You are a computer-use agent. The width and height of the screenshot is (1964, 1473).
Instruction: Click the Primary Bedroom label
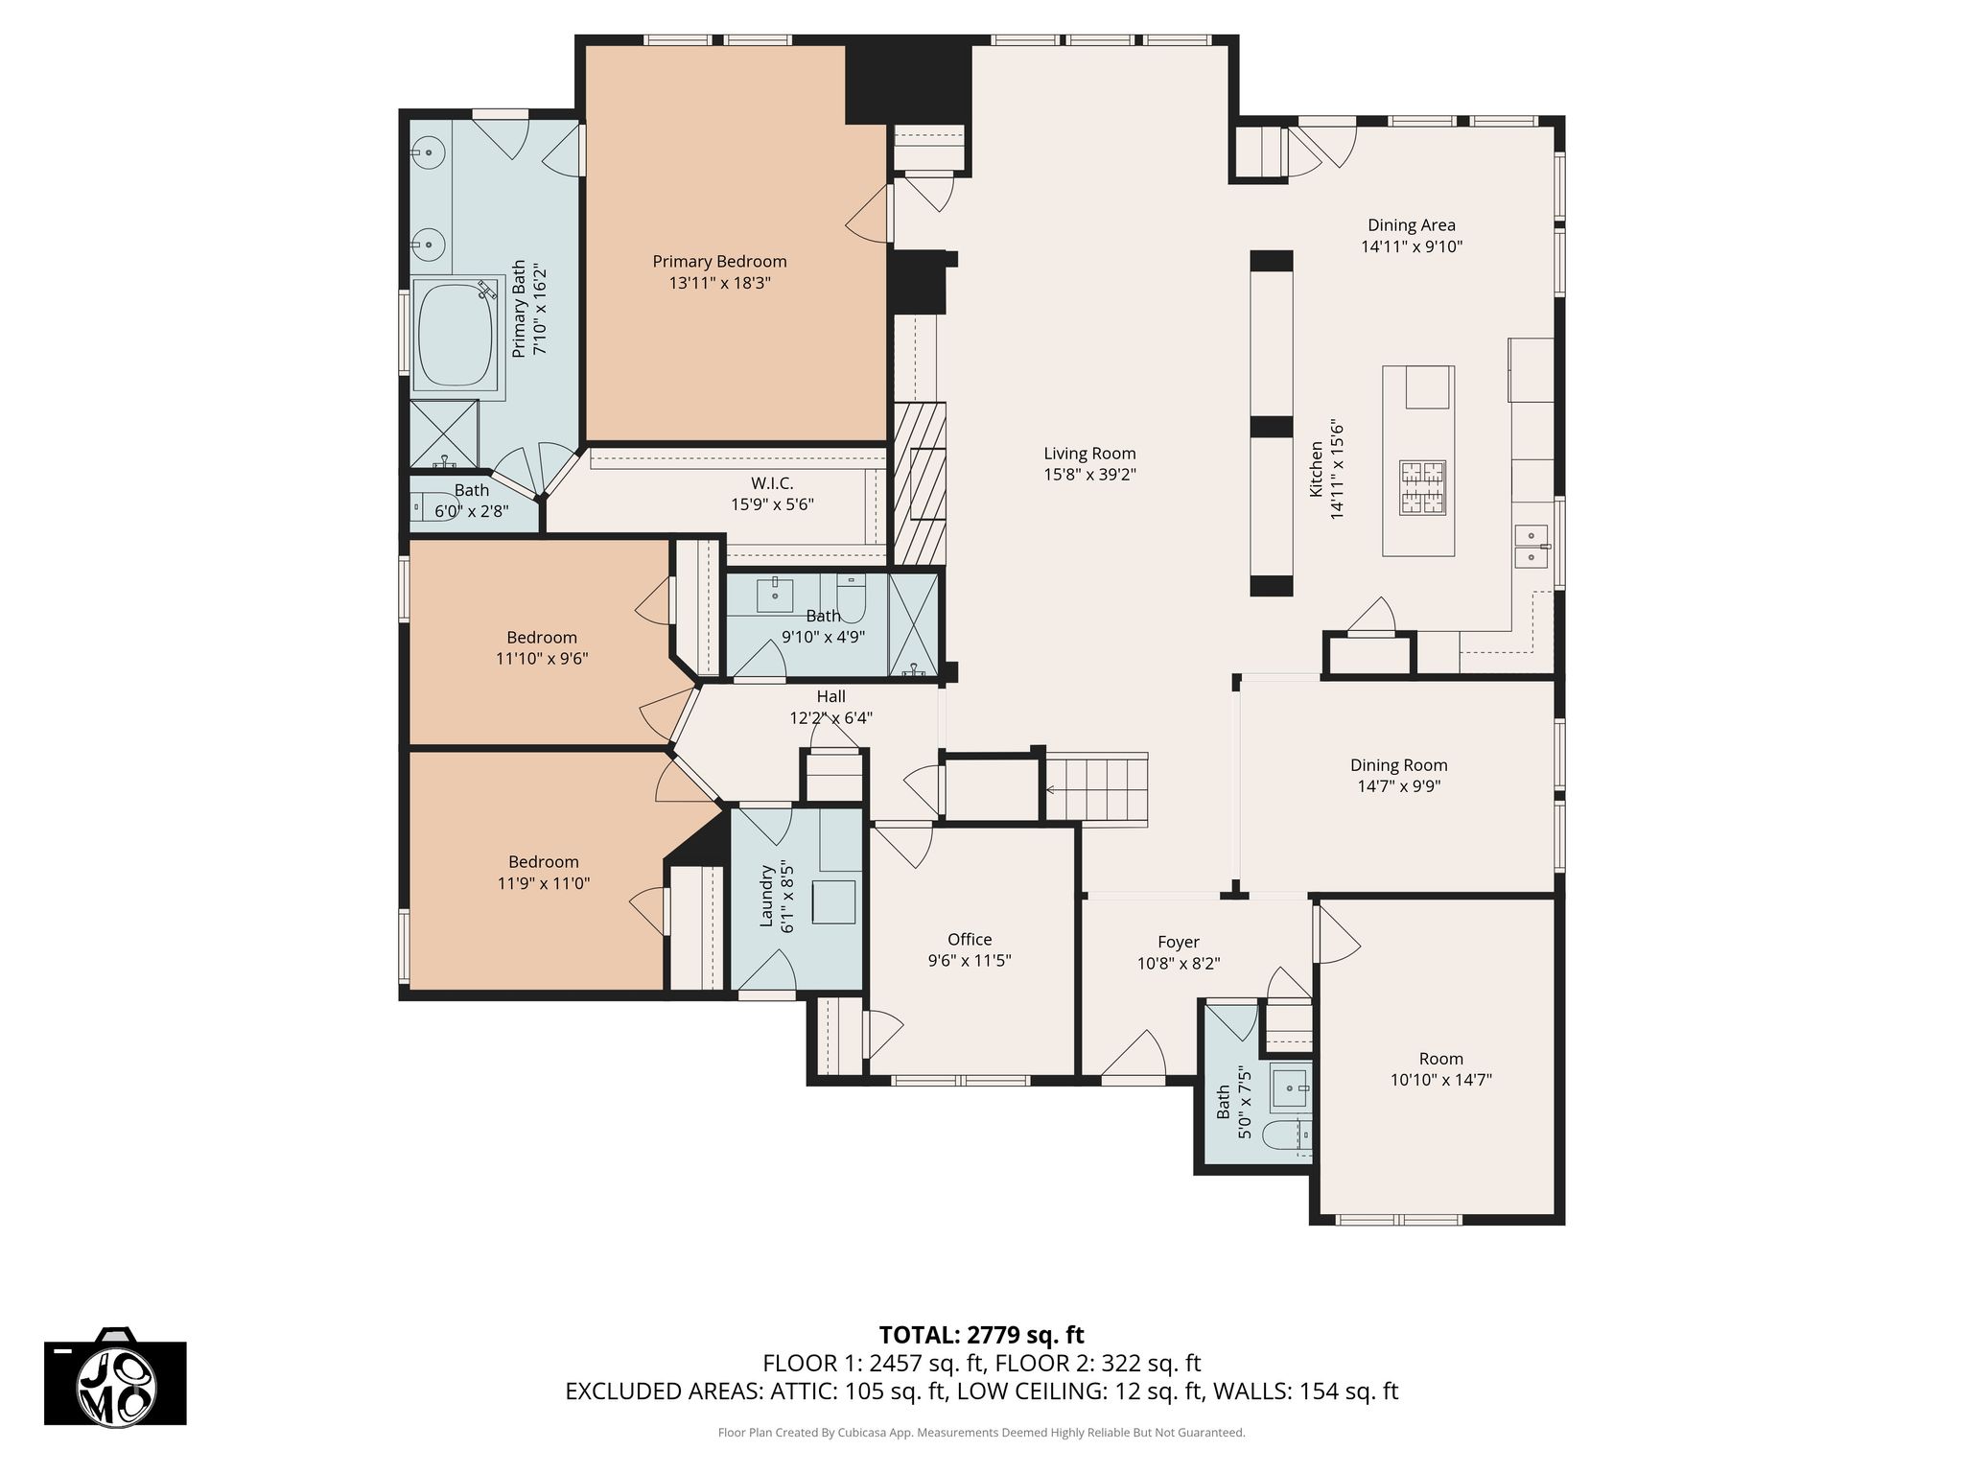(x=719, y=262)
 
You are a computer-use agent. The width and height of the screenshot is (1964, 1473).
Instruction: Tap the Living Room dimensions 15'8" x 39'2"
(x=1089, y=475)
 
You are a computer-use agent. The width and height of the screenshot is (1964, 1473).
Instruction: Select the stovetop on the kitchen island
(x=1421, y=488)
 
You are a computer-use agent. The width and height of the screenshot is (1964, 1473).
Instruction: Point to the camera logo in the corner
(x=115, y=1377)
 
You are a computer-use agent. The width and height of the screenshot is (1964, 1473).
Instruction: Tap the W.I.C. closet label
(x=772, y=483)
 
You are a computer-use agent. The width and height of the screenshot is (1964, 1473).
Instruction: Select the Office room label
(x=970, y=940)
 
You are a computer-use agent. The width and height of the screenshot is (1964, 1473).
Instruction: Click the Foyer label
(x=1179, y=943)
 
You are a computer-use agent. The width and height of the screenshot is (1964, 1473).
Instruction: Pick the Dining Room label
(x=1399, y=765)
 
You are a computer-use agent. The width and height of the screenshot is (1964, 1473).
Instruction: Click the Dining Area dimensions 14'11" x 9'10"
(x=1412, y=246)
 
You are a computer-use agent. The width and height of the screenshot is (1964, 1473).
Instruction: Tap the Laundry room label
(x=767, y=897)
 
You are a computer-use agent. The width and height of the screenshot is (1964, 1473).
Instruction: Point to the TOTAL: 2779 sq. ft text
(x=982, y=1335)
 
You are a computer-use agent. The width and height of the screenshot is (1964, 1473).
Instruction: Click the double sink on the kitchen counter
(x=1531, y=546)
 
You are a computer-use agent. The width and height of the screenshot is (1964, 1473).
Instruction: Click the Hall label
(x=831, y=697)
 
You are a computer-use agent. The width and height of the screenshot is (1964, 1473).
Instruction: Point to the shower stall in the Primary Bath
(x=444, y=433)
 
